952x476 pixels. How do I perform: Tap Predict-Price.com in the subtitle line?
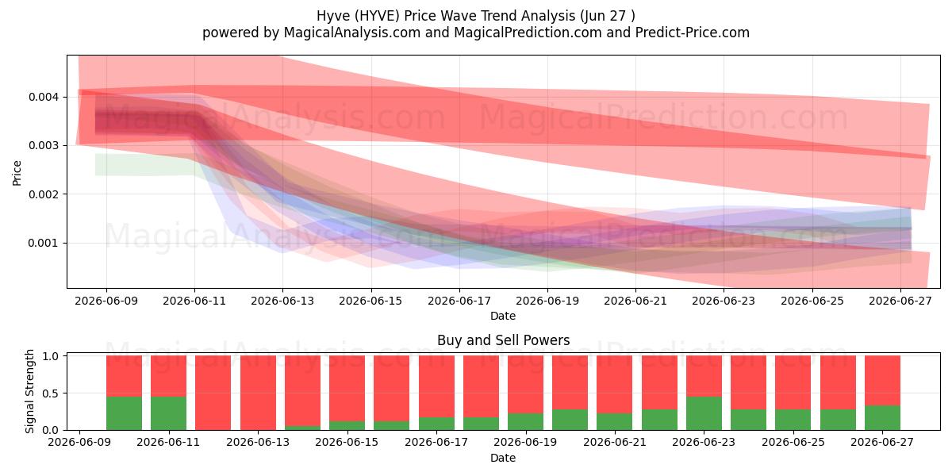click(693, 33)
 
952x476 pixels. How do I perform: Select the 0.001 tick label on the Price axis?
click(42, 243)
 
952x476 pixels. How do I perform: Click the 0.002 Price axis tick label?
click(42, 194)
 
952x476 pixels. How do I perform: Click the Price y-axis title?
click(17, 173)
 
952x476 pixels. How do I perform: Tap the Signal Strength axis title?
click(29, 391)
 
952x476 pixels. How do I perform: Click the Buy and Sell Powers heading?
click(503, 340)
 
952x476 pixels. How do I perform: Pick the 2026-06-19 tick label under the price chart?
click(547, 301)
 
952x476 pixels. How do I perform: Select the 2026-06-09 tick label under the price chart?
click(106, 301)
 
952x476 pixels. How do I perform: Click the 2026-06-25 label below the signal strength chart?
click(793, 443)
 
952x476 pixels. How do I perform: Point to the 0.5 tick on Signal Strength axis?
click(52, 393)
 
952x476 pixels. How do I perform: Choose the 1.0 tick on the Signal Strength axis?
click(52, 356)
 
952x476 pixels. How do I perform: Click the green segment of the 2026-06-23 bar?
click(704, 413)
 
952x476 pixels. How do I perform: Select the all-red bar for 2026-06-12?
click(213, 393)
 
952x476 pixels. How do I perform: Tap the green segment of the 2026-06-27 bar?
click(882, 418)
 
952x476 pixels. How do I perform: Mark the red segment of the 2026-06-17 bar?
click(436, 386)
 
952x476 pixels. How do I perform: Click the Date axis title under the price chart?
click(503, 317)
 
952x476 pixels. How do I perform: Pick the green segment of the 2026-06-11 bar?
click(168, 413)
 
